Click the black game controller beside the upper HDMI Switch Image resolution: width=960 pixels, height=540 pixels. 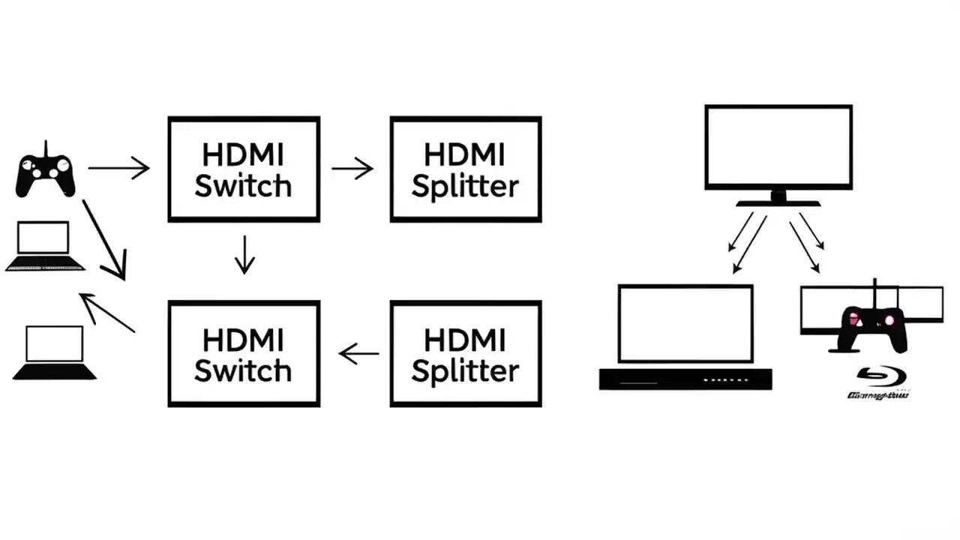[x=46, y=173]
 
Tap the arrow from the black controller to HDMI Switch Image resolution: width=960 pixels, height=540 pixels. [x=120, y=168]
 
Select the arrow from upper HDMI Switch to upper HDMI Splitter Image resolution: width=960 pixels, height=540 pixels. [x=352, y=169]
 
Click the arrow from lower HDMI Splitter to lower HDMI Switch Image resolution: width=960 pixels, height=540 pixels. [x=358, y=353]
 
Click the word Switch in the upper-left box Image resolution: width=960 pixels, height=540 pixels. [x=243, y=186]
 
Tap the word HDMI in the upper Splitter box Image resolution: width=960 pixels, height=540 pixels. [x=465, y=154]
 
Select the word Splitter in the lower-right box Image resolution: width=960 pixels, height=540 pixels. [x=465, y=370]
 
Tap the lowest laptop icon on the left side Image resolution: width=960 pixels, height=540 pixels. [x=54, y=352]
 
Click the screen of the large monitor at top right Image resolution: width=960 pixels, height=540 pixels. [x=778, y=147]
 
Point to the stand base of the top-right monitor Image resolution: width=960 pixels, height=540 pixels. [x=778, y=202]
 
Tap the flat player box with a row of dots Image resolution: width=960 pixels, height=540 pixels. [x=685, y=379]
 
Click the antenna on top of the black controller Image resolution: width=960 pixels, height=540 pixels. [x=46, y=148]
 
